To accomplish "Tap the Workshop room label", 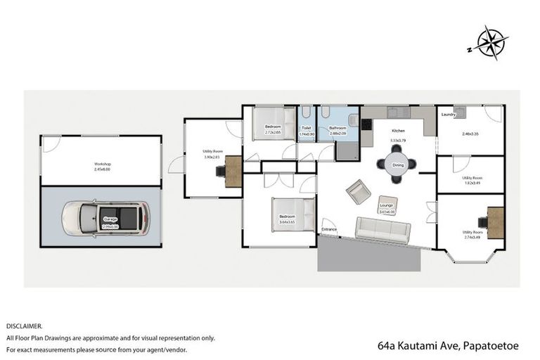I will tap(103, 164).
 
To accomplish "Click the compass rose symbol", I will tap(487, 42).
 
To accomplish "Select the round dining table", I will tap(397, 165).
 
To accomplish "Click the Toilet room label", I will tap(306, 127).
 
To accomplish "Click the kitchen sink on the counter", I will tap(397, 111).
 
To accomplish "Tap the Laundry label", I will tap(449, 114).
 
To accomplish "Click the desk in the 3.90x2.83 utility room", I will tap(231, 169).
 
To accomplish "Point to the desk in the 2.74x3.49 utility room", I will tap(495, 222).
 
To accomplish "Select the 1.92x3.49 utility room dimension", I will tap(472, 183).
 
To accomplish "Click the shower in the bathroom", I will tap(346, 150).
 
